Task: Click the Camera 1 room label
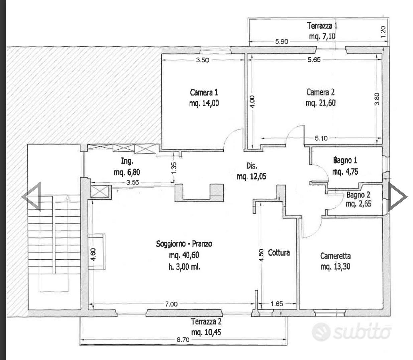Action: [x=204, y=93]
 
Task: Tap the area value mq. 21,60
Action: [x=320, y=103]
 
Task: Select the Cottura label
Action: [x=279, y=253]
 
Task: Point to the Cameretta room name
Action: [x=335, y=256]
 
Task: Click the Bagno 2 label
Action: [x=358, y=195]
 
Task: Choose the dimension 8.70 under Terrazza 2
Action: [x=183, y=340]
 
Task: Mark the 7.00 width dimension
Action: [x=171, y=304]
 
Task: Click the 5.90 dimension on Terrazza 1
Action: [x=282, y=41]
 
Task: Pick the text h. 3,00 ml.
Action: [x=184, y=267]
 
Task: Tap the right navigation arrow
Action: [x=397, y=197]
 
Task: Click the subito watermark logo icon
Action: [x=321, y=332]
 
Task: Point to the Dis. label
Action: [x=252, y=166]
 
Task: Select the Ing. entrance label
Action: [x=127, y=161]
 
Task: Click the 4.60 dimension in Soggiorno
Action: [x=93, y=254]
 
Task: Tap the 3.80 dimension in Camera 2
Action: [x=377, y=99]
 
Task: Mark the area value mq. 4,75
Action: [x=345, y=172]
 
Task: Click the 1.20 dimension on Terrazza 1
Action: [x=383, y=32]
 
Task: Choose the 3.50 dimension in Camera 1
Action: [x=203, y=60]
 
